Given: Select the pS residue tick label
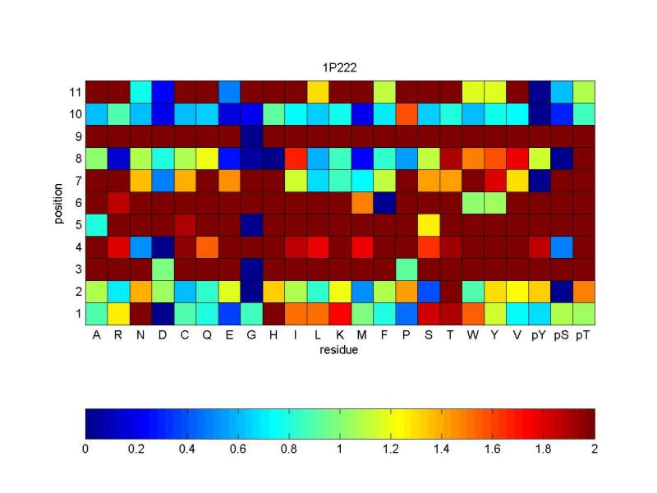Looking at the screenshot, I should coord(561,335).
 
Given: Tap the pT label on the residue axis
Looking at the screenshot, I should coord(583,335).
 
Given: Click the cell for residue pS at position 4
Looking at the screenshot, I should coord(561,246).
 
